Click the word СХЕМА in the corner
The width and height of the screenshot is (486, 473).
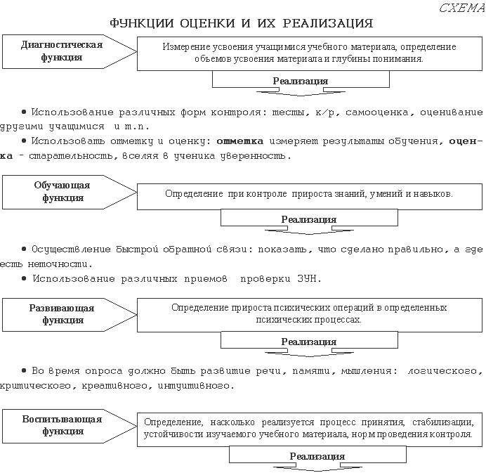[460, 8]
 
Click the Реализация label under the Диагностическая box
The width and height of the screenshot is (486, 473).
[300, 81]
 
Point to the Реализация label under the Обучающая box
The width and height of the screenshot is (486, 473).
[308, 219]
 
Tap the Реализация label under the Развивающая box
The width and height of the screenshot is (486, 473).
[308, 342]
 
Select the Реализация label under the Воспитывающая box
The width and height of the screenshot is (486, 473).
[317, 456]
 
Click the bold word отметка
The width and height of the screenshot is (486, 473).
[239, 141]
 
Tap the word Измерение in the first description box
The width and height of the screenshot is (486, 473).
[184, 46]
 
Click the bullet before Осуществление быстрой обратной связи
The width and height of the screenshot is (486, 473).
[25, 249]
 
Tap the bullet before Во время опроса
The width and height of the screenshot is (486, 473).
[25, 370]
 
